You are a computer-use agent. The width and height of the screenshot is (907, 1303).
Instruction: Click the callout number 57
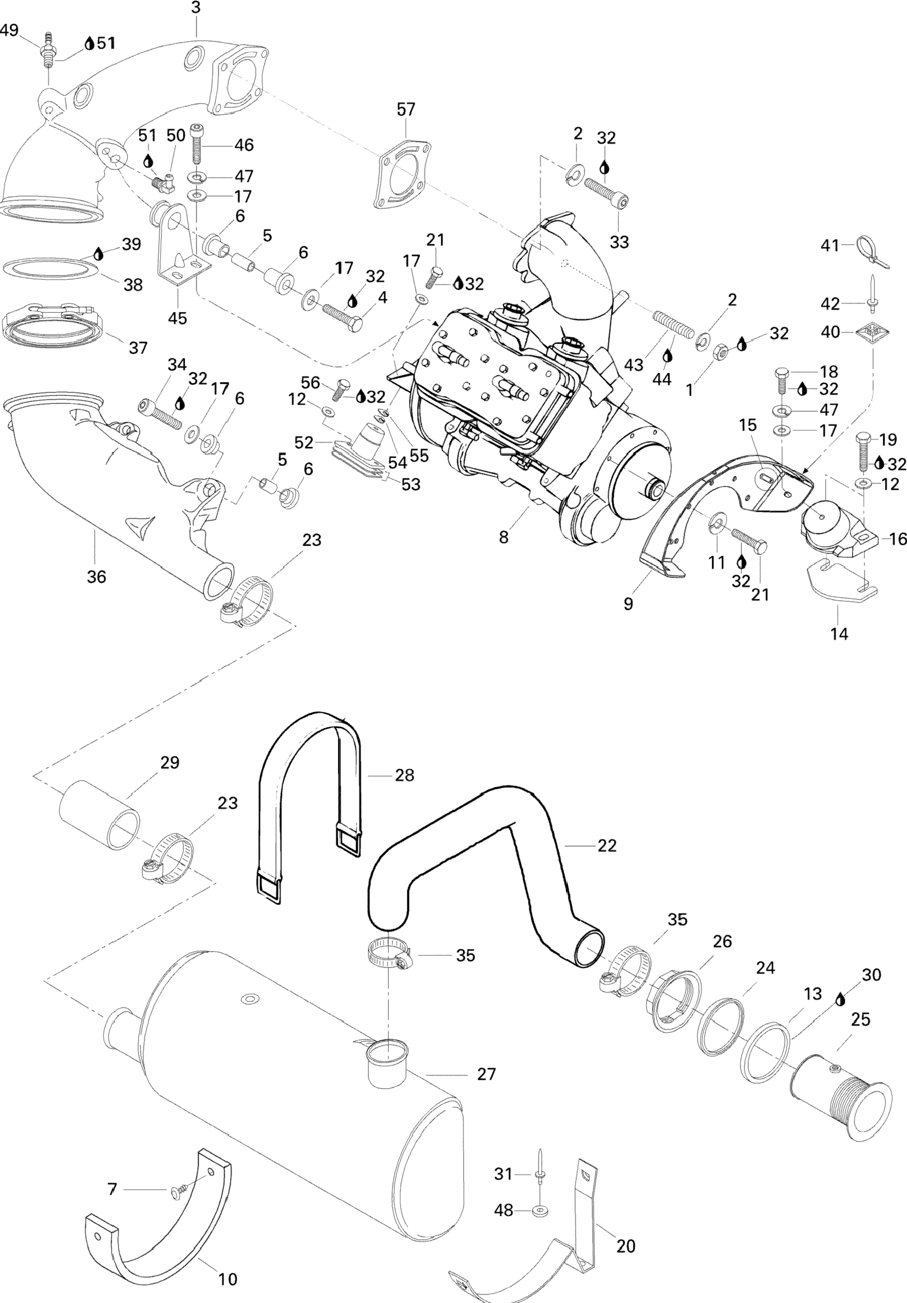406,109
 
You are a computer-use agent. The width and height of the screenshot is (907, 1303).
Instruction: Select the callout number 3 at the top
196,8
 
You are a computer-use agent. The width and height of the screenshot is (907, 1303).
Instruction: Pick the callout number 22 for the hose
607,862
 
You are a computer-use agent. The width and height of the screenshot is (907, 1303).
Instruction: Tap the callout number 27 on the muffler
486,1074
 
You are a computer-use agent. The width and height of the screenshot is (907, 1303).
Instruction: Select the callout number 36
96,576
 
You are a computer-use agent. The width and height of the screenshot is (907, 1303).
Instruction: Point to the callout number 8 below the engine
504,536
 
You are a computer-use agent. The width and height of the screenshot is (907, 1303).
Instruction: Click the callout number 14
839,633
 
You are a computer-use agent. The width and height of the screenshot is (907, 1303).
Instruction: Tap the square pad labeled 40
872,331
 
